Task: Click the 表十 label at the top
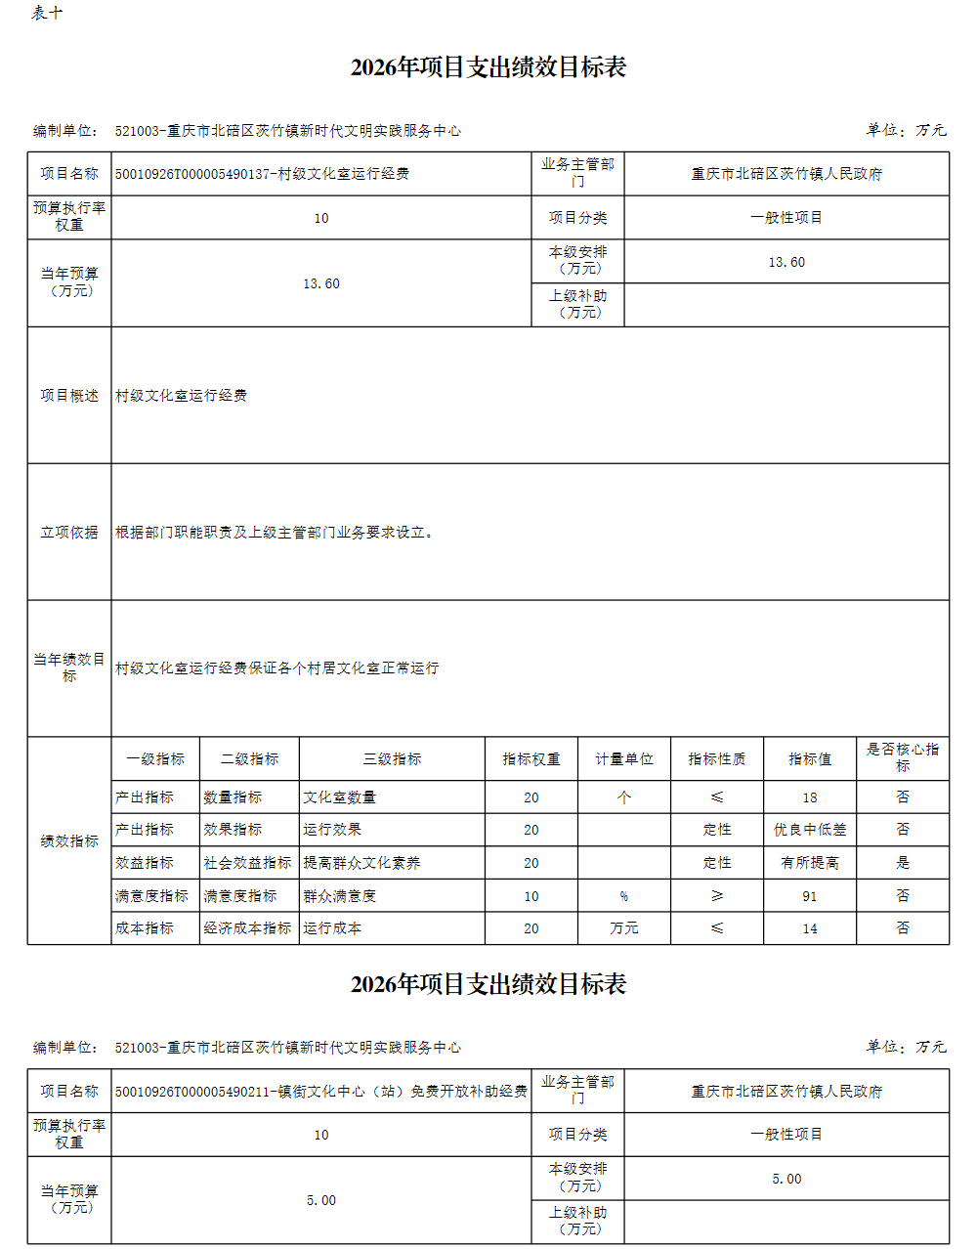coord(47,13)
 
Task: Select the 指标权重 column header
coord(531,759)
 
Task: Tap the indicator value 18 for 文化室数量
coord(809,797)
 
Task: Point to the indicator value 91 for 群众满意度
coord(809,896)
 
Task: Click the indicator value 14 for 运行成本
coord(809,928)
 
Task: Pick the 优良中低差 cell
coord(809,830)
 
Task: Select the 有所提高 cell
coord(809,863)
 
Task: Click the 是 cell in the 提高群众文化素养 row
coord(902,863)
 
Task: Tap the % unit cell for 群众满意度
coord(623,896)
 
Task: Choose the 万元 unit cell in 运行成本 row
coord(623,928)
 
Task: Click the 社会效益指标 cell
coord(247,863)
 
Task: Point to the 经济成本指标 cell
coord(247,928)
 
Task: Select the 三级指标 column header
coord(392,759)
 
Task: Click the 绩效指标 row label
coord(69,840)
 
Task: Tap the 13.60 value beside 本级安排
coord(786,262)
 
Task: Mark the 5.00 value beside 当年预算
coord(320,1200)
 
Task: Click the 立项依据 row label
coord(69,533)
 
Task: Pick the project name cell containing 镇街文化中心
coord(320,1092)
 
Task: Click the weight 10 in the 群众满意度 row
coord(531,896)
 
